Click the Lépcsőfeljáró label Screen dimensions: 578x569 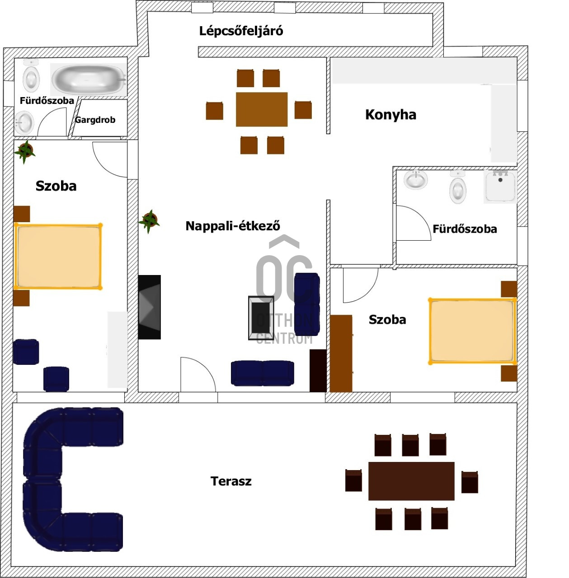[x=241, y=31]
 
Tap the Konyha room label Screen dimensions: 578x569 [x=390, y=115]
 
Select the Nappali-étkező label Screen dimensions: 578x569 [x=233, y=226]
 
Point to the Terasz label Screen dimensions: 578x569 [x=231, y=481]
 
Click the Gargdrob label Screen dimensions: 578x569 [x=95, y=120]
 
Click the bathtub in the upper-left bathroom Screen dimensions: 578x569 [x=88, y=79]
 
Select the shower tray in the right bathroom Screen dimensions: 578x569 [x=500, y=186]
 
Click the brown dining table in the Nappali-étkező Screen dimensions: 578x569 [x=262, y=109]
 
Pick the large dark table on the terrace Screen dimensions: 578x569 [x=411, y=481]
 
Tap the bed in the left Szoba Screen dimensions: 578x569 [x=58, y=256]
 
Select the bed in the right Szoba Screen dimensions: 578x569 [x=472, y=331]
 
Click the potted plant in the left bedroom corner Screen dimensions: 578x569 [x=25, y=151]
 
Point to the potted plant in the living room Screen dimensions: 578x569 [x=149, y=221]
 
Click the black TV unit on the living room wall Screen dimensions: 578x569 [x=149, y=307]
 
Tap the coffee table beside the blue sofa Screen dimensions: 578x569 [x=261, y=317]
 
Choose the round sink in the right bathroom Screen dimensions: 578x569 [x=415, y=180]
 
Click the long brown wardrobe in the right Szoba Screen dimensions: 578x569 [x=341, y=353]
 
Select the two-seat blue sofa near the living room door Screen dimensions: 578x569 [x=262, y=373]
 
